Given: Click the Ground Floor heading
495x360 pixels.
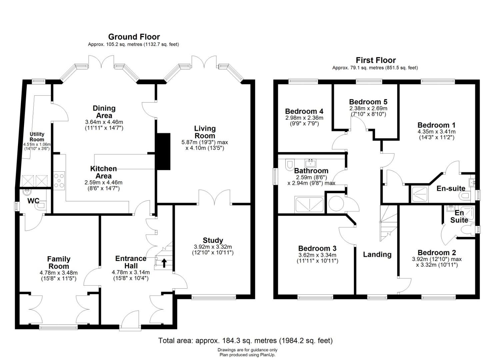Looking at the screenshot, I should [134, 37].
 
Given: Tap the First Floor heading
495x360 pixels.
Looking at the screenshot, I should [376, 60].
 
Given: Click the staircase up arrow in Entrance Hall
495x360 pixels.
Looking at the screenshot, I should [164, 263].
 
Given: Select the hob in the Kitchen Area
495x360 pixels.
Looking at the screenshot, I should [59, 180].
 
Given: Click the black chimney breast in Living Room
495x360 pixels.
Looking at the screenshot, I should [163, 152].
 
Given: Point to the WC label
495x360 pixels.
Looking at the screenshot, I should [33, 201].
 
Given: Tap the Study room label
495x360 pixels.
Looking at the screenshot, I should [213, 240].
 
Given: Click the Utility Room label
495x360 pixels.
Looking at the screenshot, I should [37, 137].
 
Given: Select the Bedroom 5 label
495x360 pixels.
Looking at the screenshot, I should [368, 102].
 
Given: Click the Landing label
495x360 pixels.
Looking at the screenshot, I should [377, 254].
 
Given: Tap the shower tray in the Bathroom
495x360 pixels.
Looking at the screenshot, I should [309, 204].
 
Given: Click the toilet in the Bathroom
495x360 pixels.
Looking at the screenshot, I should [289, 164].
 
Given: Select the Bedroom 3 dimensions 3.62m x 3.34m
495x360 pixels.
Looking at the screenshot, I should [317, 255].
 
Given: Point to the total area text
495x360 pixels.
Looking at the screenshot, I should [245, 341].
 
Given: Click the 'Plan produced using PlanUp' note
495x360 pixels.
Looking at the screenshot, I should [247, 355].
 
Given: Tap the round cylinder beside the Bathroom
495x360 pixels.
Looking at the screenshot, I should [336, 204].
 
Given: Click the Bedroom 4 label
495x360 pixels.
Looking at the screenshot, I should [304, 111].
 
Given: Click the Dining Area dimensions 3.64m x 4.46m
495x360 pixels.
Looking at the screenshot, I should [104, 122].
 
